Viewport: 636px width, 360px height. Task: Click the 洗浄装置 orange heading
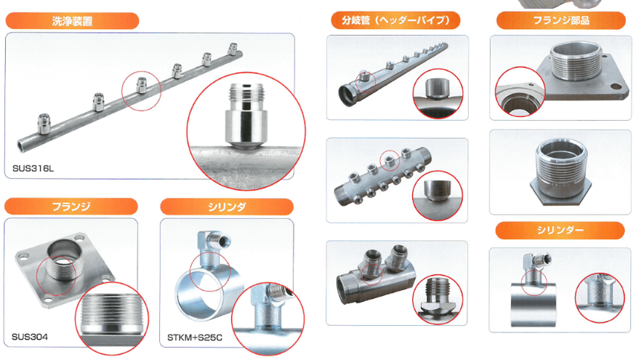click(x=72, y=20)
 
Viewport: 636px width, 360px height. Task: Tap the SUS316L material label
click(x=33, y=169)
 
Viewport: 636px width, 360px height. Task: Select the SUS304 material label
click(x=30, y=337)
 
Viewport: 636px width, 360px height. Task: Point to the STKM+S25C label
click(x=195, y=337)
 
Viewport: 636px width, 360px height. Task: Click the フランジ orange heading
click(x=71, y=207)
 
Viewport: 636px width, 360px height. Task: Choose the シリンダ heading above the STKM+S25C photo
click(x=227, y=207)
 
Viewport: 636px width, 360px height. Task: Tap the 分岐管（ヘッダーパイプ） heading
click(x=395, y=20)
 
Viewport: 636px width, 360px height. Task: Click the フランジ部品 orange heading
click(x=561, y=20)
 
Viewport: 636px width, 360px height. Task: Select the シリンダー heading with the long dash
click(x=560, y=230)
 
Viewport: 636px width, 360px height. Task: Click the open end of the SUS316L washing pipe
click(x=22, y=145)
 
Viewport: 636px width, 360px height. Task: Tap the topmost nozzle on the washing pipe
click(x=233, y=49)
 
